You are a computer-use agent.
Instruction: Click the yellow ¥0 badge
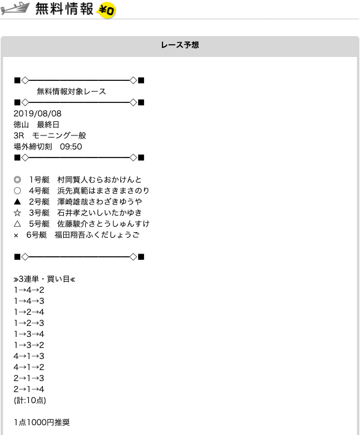point(106,10)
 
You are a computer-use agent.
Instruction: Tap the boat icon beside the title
point(15,9)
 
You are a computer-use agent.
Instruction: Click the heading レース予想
point(180,45)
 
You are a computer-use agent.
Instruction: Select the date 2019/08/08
point(37,113)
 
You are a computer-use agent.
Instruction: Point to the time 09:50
point(71,146)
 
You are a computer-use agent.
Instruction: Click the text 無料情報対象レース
point(71,91)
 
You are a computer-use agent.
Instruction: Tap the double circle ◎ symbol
point(17,180)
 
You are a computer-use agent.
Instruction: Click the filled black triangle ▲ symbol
point(17,202)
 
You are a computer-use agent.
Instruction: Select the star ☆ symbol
point(17,213)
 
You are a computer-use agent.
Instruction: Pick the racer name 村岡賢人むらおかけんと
point(99,180)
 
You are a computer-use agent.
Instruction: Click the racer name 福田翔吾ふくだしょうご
point(97,235)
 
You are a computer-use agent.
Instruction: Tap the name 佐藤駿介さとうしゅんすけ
point(103,224)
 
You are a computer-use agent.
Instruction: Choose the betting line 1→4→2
point(29,290)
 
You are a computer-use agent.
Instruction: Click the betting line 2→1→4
point(29,389)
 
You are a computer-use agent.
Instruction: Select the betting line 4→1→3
point(29,356)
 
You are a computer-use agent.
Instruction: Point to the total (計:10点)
point(29,400)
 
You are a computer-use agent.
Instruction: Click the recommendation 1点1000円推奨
point(42,422)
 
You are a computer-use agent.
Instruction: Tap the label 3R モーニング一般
point(50,135)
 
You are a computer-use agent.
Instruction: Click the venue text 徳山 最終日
point(36,124)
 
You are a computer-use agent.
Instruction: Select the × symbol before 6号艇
point(16,235)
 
